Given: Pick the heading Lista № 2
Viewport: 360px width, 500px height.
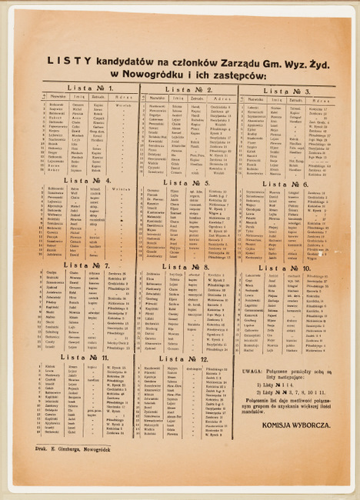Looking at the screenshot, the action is [x=188, y=89].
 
